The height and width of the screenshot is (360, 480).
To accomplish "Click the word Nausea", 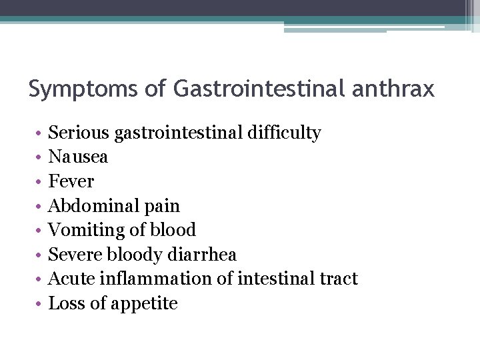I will pos(78,157).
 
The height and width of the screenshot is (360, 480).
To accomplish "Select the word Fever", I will pos(71,181).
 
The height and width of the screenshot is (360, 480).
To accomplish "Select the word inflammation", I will pos(155,279).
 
